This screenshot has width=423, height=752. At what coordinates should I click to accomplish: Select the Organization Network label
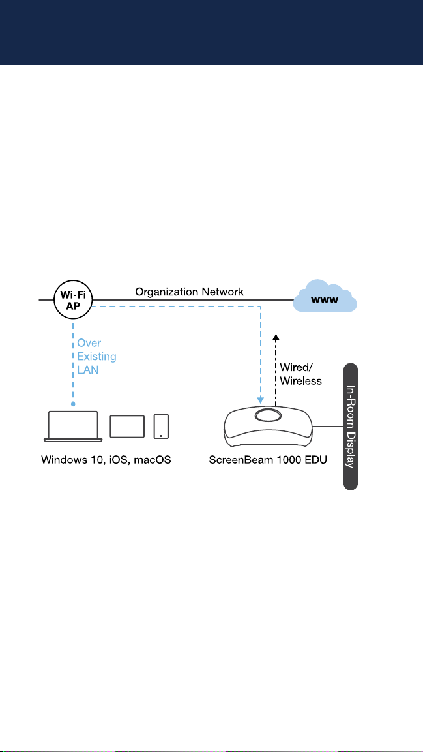[189, 292]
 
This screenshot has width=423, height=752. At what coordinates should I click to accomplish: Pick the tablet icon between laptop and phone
[127, 427]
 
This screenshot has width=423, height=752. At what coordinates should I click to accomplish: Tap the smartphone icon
[162, 427]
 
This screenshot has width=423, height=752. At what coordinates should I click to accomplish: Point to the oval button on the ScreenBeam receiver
[269, 415]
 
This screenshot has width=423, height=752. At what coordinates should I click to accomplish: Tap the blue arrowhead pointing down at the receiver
[261, 398]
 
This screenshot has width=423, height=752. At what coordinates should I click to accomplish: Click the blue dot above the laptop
[73, 404]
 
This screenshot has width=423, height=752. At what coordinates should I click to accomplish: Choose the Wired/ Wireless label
[300, 374]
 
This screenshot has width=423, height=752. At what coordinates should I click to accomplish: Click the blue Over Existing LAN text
[96, 357]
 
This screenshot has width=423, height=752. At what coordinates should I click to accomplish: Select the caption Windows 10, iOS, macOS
[106, 460]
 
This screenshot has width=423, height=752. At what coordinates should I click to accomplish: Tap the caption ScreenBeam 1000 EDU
[269, 460]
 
